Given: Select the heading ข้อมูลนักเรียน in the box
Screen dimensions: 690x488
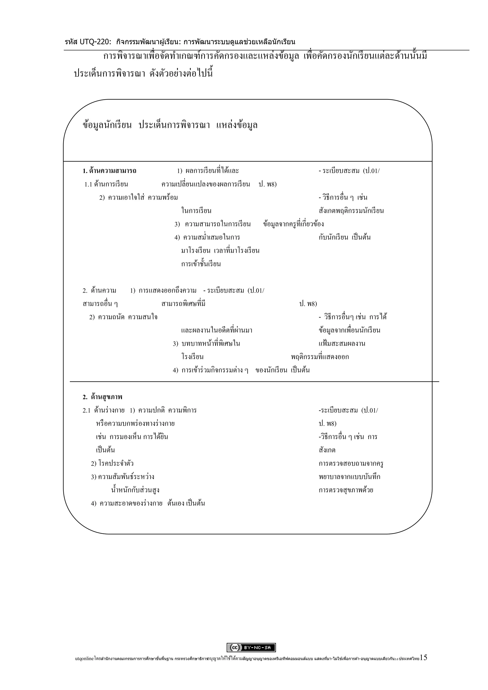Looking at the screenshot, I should [x=107, y=125].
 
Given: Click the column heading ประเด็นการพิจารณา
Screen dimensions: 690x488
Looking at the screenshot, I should [x=174, y=125].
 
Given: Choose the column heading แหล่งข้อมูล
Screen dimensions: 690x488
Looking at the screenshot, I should [x=237, y=125].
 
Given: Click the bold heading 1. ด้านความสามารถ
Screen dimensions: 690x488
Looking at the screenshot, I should [x=109, y=171].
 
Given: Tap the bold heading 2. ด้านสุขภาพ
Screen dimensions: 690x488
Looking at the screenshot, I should [x=102, y=397].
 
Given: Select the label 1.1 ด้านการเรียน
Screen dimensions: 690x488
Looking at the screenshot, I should [x=106, y=184].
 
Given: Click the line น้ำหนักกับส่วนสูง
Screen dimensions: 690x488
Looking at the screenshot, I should [x=135, y=490].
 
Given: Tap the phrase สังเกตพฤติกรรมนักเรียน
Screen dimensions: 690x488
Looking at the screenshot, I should [x=351, y=211].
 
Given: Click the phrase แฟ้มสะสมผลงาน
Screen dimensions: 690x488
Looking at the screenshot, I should [x=342, y=344].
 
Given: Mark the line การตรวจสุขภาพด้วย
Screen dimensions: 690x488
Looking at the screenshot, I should [x=346, y=490].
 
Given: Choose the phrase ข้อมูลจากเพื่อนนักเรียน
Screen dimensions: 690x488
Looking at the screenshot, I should [x=350, y=330].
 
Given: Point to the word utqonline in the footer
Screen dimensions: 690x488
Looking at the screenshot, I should [x=84, y=659].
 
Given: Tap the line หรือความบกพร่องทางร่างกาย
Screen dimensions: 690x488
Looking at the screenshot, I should [x=135, y=423].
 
